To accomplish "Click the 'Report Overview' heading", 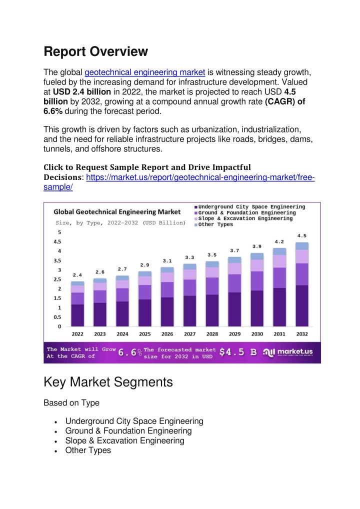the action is pos(96,51).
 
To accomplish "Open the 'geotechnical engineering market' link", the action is pos(145,72).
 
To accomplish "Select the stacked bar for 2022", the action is pos(77,304).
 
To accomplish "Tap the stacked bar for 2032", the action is pos(302,284).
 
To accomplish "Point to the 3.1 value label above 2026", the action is pos(167,260).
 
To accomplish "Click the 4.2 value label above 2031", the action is pos(279,241).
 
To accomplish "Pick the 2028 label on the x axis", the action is pos(212,334).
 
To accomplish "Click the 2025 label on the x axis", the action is pos(145,334).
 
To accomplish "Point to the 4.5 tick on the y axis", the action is pos(57,241).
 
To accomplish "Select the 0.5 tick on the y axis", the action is pos(57,317).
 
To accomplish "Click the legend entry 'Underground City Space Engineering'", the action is pos(250,207).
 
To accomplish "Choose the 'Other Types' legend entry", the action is pos(213,224).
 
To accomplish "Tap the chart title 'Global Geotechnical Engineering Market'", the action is pos(117,212).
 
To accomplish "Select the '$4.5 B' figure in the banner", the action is pos(238,352).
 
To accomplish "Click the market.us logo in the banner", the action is pos(287,352).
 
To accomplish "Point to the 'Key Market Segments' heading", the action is pos(108,382).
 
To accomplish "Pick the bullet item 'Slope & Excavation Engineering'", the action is pos(124,440).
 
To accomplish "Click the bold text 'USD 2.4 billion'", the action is pos(82,92).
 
